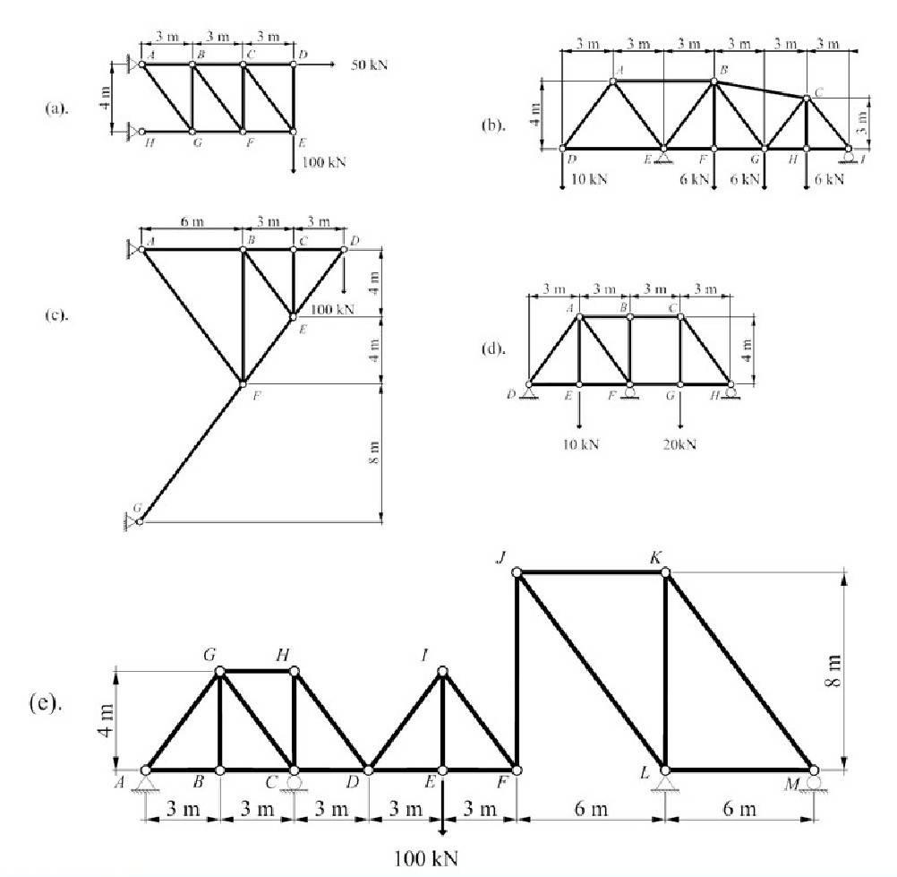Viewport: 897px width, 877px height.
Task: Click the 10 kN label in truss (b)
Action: tap(588, 179)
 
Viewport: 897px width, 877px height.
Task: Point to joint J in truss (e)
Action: tap(517, 572)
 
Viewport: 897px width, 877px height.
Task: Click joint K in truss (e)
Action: tap(665, 572)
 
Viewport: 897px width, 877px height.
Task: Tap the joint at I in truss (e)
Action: tap(442, 671)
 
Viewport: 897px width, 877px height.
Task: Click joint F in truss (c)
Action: tap(243, 384)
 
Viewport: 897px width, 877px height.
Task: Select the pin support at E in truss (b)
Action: tap(664, 157)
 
